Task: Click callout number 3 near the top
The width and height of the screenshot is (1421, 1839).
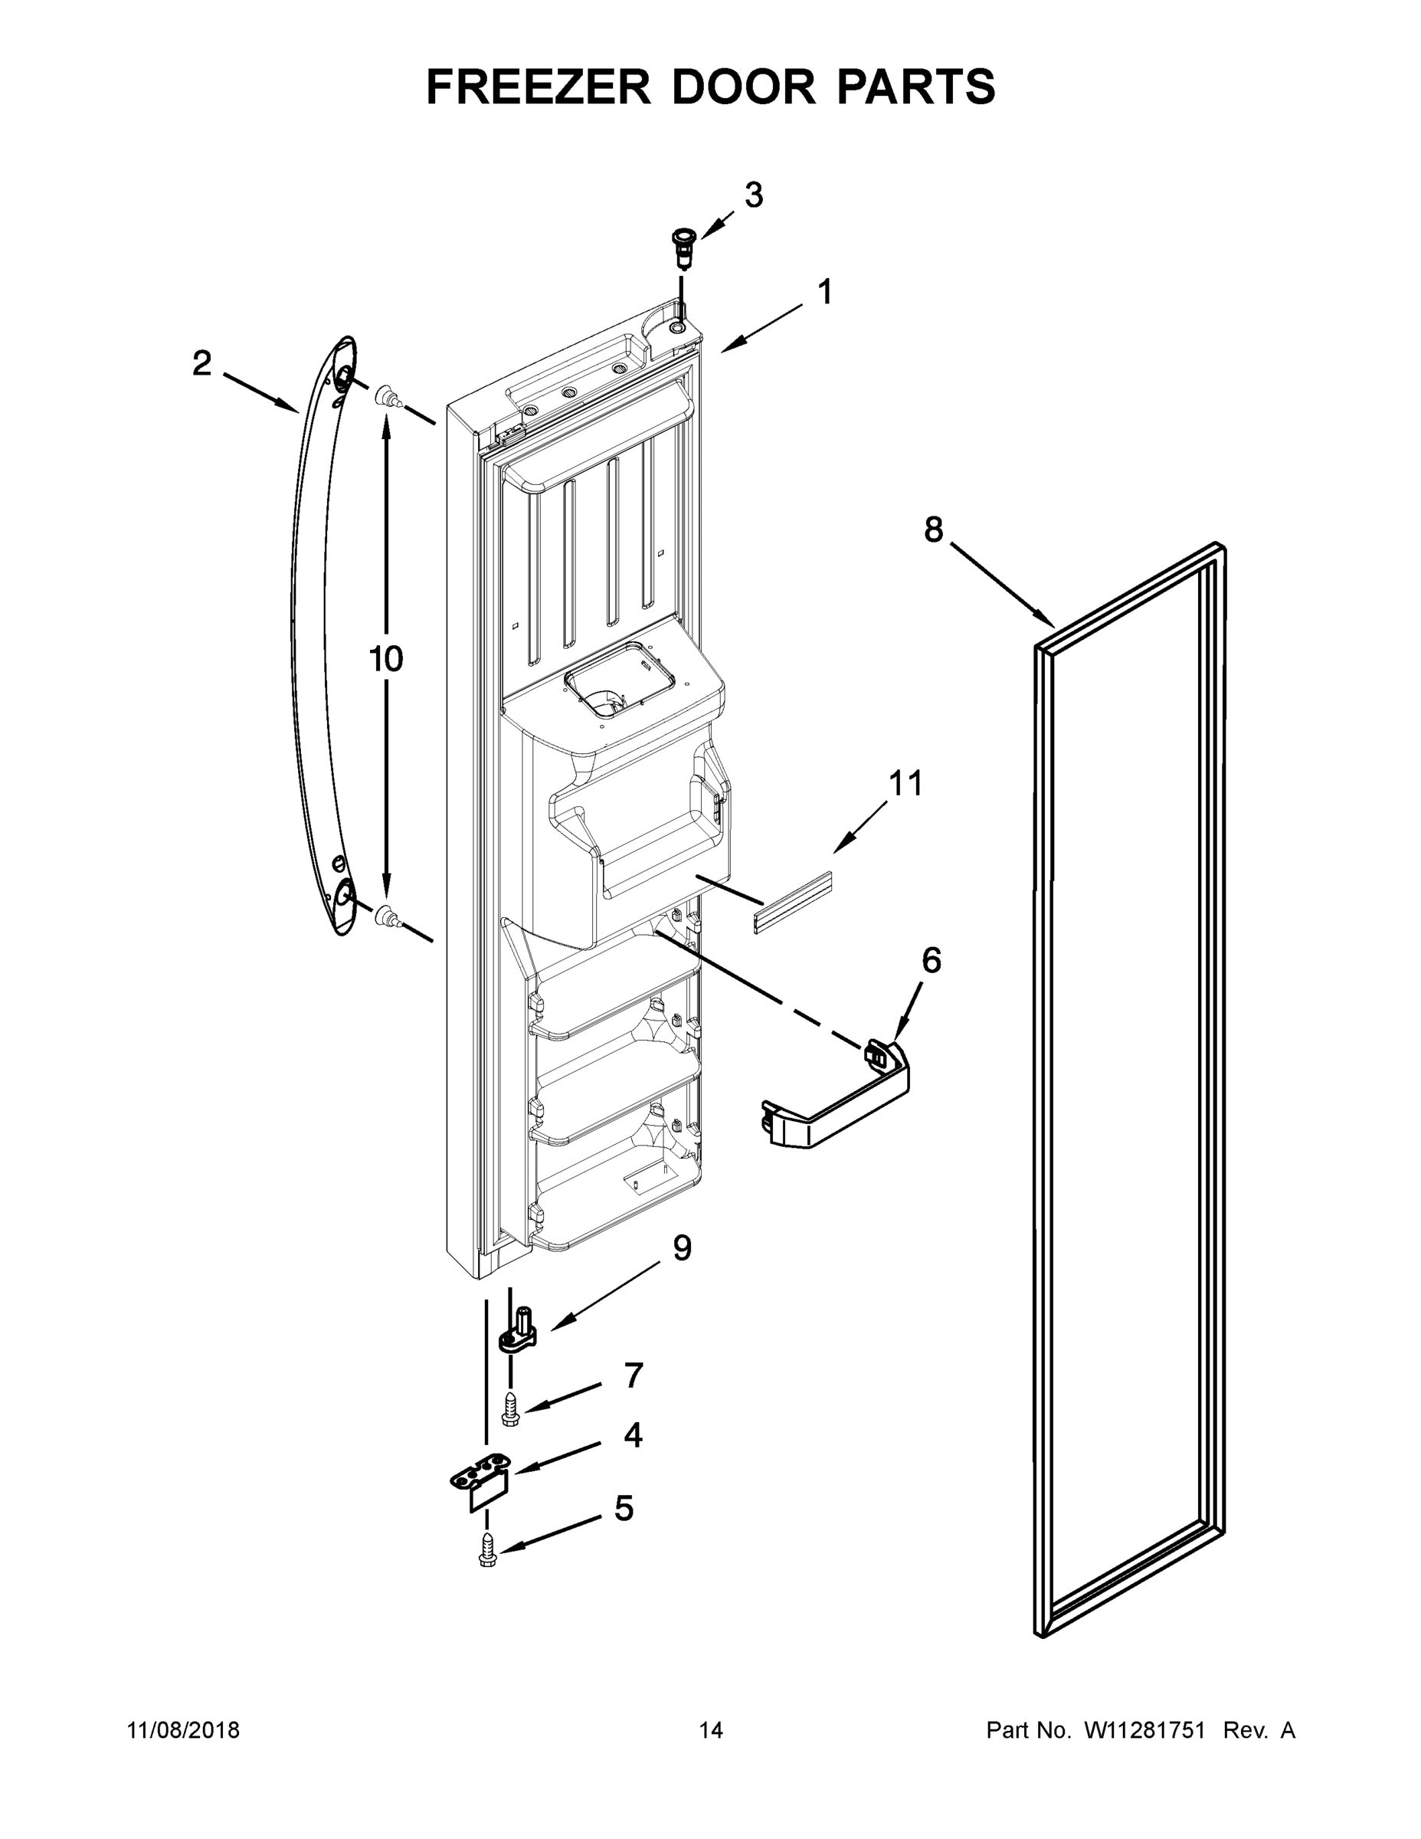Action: pos(754,195)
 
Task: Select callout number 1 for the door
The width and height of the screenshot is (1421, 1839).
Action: pos(825,292)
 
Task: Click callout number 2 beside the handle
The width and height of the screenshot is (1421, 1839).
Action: pos(201,364)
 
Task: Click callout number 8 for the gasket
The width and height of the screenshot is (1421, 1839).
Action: pos(934,529)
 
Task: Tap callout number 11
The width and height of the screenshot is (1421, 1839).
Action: pos(905,783)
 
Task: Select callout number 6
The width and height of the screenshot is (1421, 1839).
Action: pos(931,960)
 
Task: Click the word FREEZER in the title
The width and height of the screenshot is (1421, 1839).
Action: pos(539,87)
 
